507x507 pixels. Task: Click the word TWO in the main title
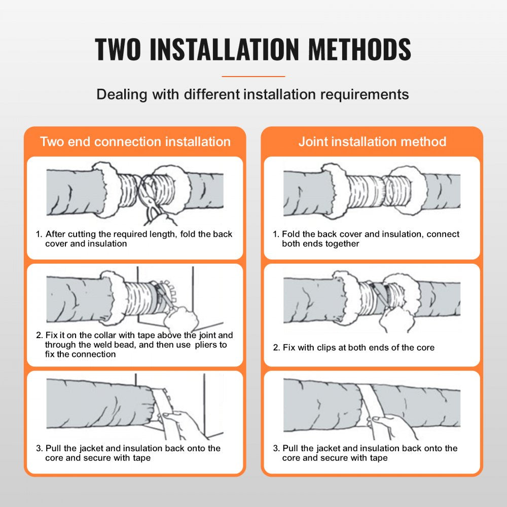coord(118,49)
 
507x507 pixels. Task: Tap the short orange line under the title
coord(253,76)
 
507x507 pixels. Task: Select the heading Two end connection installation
coord(135,141)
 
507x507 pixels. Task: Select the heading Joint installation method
coord(372,141)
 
